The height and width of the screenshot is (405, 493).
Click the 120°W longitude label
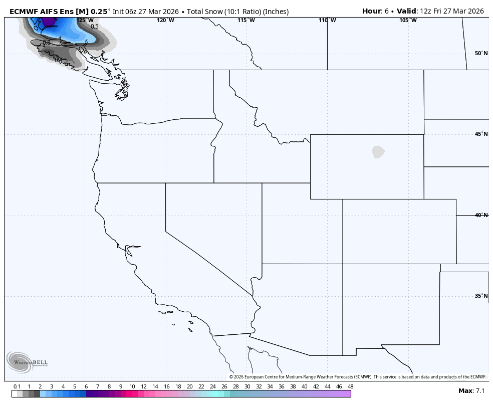(165, 20)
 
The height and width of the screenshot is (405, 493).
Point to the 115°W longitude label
(246, 20)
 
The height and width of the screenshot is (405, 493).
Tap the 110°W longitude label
(327, 20)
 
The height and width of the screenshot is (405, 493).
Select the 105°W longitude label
(408, 20)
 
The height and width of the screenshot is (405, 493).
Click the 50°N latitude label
(481, 54)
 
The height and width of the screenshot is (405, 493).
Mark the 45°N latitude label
(481, 134)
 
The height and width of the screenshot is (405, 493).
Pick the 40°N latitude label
(481, 215)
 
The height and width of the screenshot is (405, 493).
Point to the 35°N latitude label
(481, 296)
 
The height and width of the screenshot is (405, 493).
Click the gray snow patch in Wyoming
(378, 152)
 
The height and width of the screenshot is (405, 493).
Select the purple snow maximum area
(48, 21)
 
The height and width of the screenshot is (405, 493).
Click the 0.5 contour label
(95, 27)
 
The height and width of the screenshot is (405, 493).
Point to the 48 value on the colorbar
(350, 386)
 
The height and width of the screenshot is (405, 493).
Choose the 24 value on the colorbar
(212, 386)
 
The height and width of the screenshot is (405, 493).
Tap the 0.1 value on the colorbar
(17, 386)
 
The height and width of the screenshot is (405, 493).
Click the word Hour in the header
(372, 11)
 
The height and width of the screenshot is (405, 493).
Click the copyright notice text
(358, 377)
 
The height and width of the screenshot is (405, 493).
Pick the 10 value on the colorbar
(132, 386)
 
